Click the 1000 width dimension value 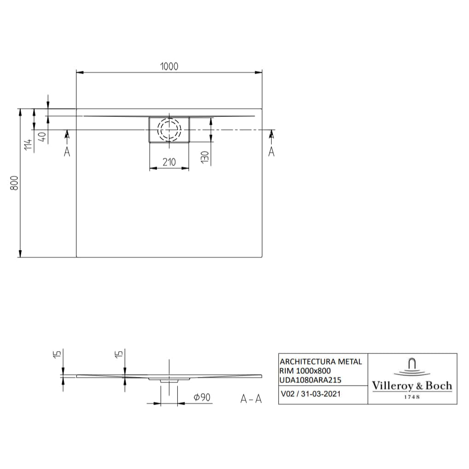[169, 66]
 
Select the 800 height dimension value [14, 183]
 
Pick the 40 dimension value [42, 138]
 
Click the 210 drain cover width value [169, 162]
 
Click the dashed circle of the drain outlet [169, 129]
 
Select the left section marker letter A [67, 151]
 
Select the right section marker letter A [271, 151]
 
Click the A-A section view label [251, 399]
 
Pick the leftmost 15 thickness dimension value [57, 354]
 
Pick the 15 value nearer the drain [119, 354]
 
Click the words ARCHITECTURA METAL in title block [320, 362]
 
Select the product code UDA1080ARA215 [310, 380]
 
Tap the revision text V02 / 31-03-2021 [310, 394]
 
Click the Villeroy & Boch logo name [412, 386]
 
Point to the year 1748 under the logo [412, 397]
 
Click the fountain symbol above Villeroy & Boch [412, 367]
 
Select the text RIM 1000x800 [305, 371]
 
